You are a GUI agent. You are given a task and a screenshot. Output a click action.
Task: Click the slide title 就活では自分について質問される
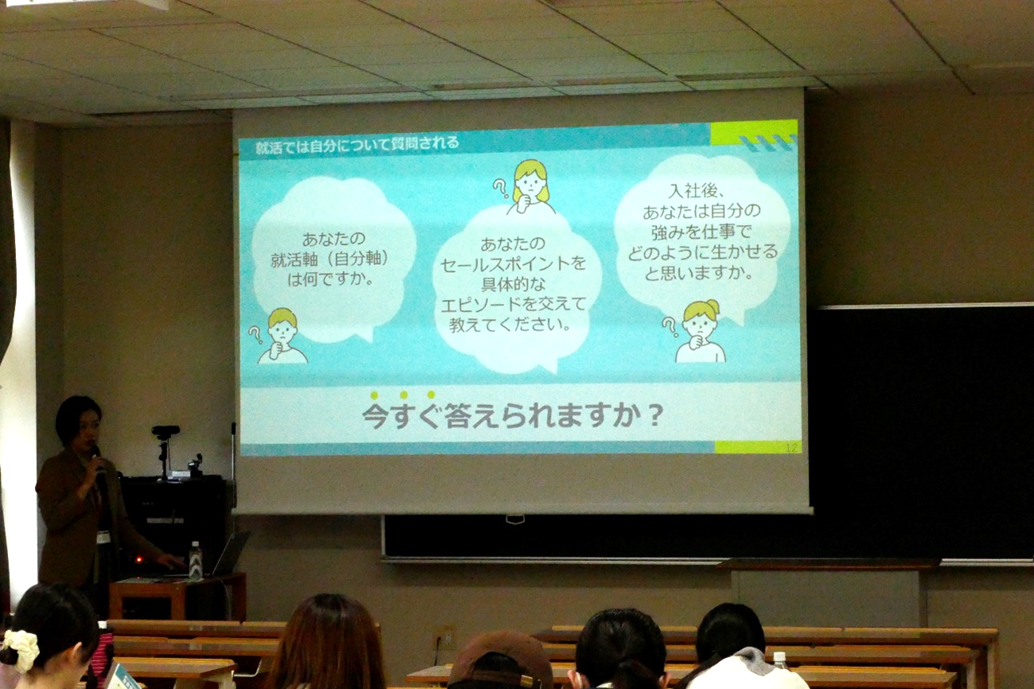(x=357, y=145)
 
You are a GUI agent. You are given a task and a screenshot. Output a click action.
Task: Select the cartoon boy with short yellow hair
(x=282, y=337)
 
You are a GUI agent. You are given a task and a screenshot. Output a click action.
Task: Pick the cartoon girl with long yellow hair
(x=530, y=187)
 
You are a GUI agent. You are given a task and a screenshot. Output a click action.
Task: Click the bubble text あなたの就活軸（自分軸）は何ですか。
(x=333, y=259)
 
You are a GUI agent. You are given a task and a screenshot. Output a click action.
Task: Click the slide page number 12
(x=790, y=448)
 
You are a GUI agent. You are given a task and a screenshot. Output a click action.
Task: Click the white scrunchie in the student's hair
(x=21, y=648)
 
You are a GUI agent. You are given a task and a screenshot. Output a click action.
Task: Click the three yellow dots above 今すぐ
(x=402, y=395)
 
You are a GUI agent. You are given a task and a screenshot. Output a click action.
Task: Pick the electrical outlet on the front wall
(x=443, y=637)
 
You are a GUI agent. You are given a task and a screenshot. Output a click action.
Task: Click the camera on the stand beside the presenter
(x=166, y=434)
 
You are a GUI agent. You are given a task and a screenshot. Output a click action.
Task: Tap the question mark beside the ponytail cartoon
(x=669, y=325)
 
